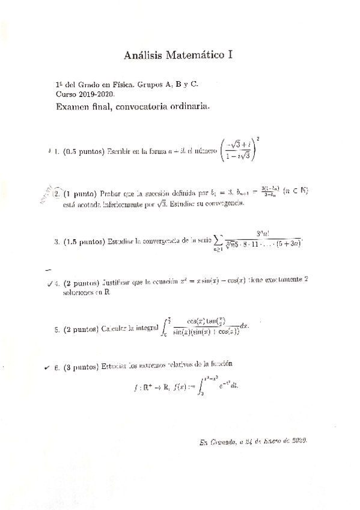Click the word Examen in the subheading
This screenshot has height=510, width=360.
(73, 107)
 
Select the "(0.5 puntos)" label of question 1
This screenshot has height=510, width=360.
(84, 151)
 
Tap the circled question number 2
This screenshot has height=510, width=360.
(56, 194)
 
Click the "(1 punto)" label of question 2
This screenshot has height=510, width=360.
(80, 194)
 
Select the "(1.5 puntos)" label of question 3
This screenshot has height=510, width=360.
(84, 242)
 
